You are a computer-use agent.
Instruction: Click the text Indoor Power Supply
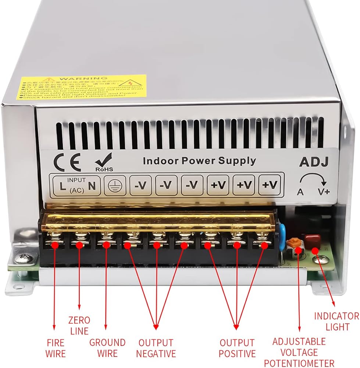coord(199,160)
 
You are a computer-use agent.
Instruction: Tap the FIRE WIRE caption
coord(56,348)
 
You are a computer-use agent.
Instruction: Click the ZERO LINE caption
coord(79,325)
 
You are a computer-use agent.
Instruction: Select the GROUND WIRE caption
coord(107,348)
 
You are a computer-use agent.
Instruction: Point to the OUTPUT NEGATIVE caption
coord(156,348)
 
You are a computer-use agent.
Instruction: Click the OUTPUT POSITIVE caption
coord(237,348)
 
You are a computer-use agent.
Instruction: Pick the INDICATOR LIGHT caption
coord(336,321)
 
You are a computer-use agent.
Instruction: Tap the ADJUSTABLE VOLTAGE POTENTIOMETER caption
coord(299,352)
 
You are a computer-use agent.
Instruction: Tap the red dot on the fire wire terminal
coord(55,244)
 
